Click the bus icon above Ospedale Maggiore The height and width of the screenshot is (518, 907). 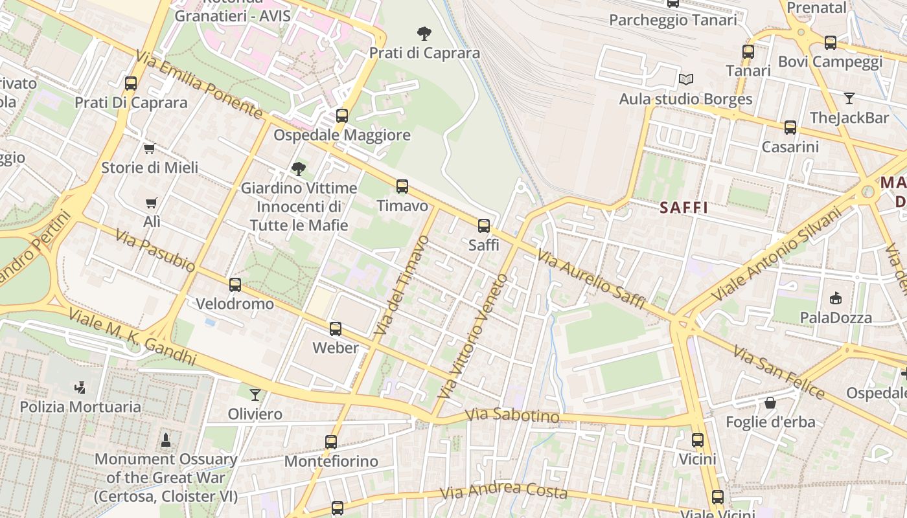(x=341, y=116)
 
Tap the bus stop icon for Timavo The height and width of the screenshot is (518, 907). (x=402, y=186)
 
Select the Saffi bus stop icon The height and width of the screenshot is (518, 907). (x=484, y=226)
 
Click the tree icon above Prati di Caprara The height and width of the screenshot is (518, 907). (x=424, y=33)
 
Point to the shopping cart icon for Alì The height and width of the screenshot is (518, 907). (x=152, y=203)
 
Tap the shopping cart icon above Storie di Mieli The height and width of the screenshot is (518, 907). (x=150, y=148)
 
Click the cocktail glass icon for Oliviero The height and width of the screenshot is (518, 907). (x=255, y=394)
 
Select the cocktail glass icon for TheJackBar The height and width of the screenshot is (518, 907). (x=849, y=98)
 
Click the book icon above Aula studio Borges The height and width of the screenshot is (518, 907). (x=686, y=80)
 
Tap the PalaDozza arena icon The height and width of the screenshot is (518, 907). (x=836, y=298)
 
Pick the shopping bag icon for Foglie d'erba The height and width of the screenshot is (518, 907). (x=770, y=403)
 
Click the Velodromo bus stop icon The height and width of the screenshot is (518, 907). (x=235, y=284)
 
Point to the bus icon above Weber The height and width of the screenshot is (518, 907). (x=336, y=328)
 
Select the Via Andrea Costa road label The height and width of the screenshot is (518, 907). (x=503, y=491)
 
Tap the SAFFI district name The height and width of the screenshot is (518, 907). (x=683, y=208)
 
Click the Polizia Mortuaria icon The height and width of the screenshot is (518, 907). (x=80, y=387)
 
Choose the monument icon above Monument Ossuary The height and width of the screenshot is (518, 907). (x=166, y=440)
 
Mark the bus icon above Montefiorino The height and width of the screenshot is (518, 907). (x=331, y=442)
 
